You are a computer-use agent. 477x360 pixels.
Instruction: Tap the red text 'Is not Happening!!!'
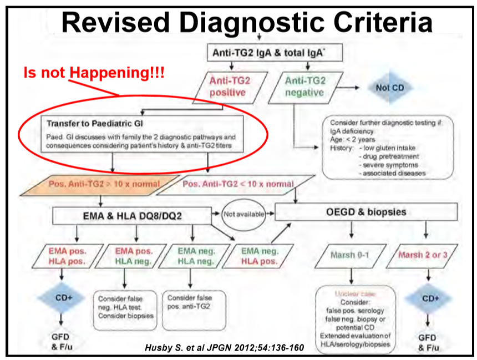click(94, 72)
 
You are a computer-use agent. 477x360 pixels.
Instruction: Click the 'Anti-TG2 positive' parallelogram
click(230, 87)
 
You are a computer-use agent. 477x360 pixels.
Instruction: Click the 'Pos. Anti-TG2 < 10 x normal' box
click(231, 184)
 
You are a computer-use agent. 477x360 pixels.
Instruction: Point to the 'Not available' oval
click(243, 213)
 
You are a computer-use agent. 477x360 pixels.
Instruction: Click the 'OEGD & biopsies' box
click(366, 212)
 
